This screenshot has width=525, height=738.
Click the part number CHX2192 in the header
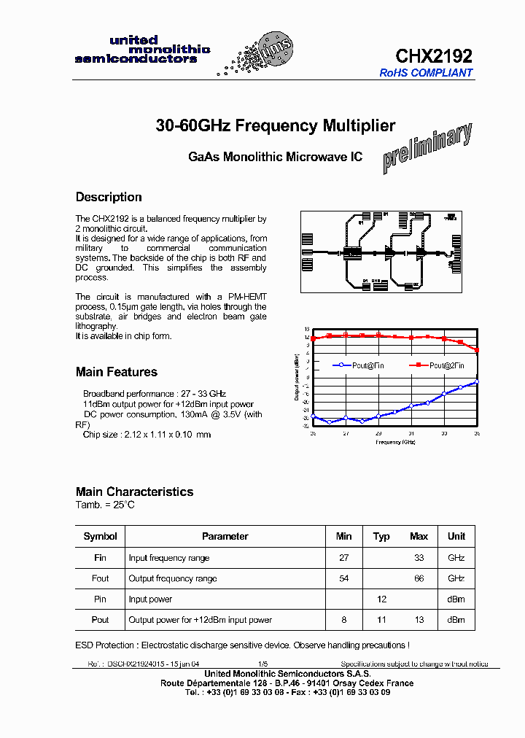(x=434, y=56)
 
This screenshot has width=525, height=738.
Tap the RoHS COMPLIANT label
(x=426, y=73)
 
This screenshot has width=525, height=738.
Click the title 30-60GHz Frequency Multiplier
(x=276, y=126)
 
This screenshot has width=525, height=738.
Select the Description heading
(x=109, y=197)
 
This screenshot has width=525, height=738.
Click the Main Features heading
(x=117, y=372)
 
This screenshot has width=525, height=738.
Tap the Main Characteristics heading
(x=134, y=492)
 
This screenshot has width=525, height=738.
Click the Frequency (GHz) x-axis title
(x=395, y=442)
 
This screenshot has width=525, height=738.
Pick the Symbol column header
(x=101, y=536)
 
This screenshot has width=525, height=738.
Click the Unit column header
(x=456, y=536)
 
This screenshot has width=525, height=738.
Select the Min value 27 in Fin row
(x=343, y=558)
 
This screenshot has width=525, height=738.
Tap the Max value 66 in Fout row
(x=419, y=578)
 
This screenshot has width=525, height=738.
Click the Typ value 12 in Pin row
(x=381, y=599)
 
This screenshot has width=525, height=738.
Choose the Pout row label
(x=101, y=620)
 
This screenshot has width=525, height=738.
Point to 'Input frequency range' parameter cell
(x=169, y=558)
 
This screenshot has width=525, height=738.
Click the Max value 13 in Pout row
(x=419, y=620)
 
